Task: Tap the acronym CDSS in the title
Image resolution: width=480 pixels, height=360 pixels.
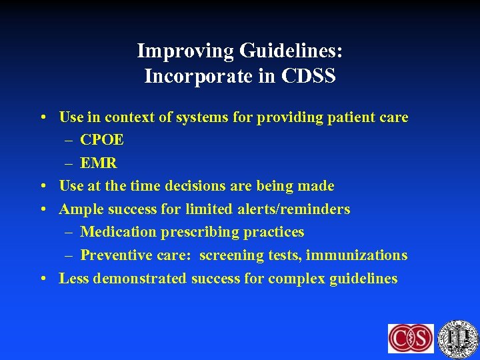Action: click(309, 77)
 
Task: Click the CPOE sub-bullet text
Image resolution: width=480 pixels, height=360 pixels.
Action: click(102, 141)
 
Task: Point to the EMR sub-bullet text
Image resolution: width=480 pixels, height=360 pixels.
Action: click(99, 163)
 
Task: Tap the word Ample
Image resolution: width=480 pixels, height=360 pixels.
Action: click(79, 209)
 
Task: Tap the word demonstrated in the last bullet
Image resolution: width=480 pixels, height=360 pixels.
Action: click(140, 278)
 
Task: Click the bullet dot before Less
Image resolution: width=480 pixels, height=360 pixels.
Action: click(42, 278)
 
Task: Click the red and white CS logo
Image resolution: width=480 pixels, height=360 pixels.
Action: click(411, 338)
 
